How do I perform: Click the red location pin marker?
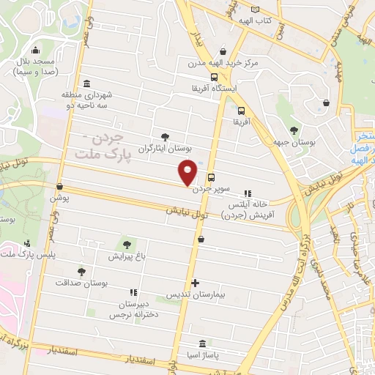point(188,173)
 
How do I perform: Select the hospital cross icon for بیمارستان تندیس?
point(194,283)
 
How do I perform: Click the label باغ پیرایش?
point(129,256)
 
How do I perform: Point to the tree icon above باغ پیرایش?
point(129,244)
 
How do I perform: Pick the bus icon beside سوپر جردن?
point(211,177)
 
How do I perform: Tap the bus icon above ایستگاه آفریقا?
point(214,77)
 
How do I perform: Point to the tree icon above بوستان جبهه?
point(294,130)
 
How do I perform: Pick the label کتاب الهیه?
point(258,22)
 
